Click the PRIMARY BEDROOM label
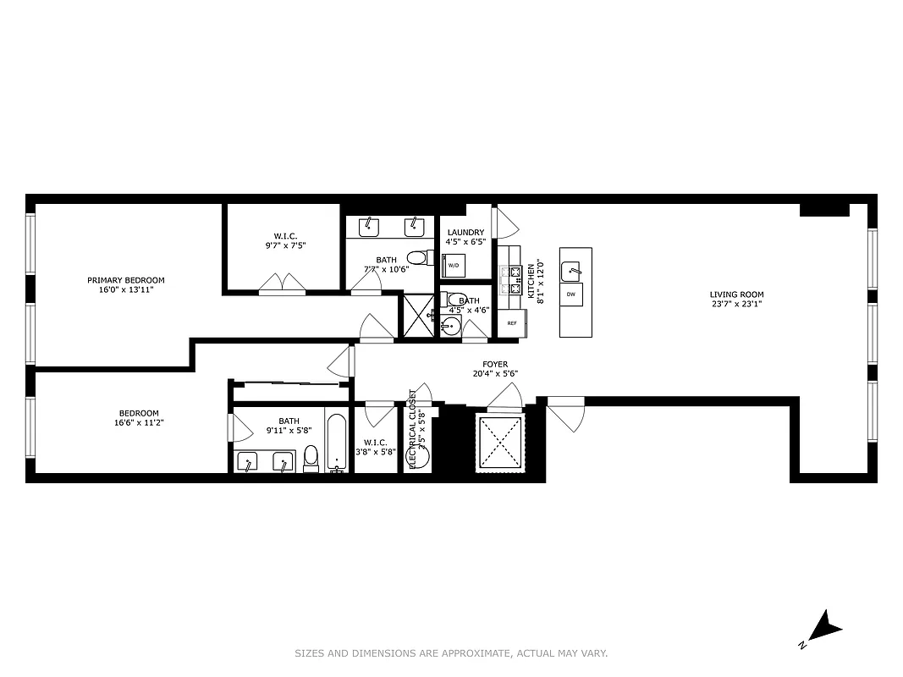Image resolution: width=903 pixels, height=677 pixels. [125, 280]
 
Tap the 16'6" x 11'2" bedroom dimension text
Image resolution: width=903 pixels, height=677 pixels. [138, 422]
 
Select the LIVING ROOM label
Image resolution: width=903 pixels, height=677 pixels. [736, 294]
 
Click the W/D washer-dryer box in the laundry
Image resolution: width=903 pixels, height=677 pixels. [454, 265]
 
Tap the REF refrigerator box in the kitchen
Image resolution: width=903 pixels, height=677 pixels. [512, 322]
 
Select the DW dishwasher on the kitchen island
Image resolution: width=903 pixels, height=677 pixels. [571, 294]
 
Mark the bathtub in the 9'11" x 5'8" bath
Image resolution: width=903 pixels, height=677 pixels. [336, 442]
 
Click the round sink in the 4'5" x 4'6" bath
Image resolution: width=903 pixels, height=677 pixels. [449, 327]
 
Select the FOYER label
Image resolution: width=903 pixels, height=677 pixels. [495, 365]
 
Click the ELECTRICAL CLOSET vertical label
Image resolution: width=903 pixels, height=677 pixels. [413, 429]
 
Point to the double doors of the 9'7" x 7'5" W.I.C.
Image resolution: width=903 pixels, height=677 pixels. [282, 283]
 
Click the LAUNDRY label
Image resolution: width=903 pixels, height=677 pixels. [465, 233]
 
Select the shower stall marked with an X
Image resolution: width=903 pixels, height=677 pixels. [416, 316]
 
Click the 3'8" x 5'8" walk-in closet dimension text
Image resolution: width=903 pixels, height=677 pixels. [376, 453]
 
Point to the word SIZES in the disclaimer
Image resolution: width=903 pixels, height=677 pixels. [310, 653]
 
